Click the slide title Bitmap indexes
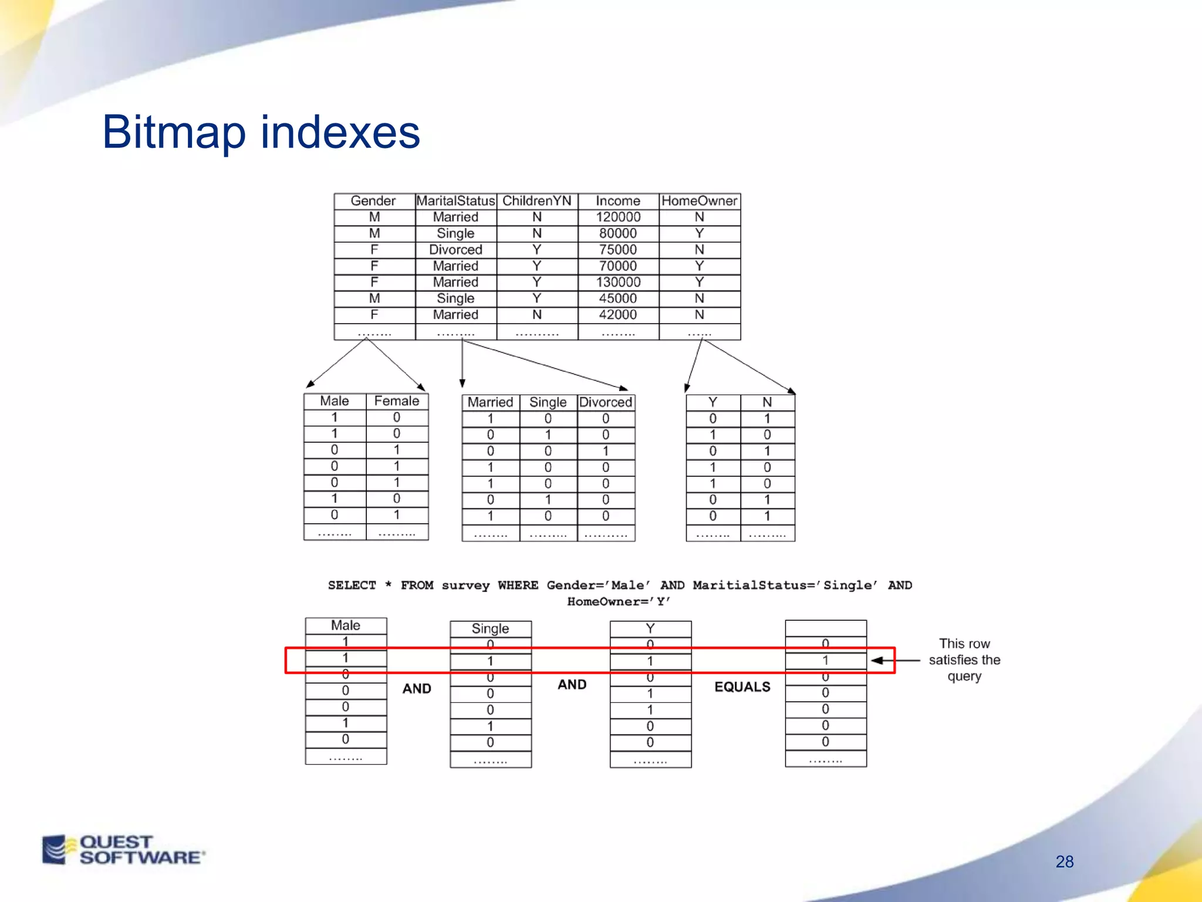(261, 133)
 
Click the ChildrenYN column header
(536, 201)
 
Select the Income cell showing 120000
(618, 217)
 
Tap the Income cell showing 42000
(618, 315)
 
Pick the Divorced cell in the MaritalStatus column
(455, 250)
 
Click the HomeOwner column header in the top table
(699, 201)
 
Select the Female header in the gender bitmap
(397, 401)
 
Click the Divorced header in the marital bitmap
(606, 402)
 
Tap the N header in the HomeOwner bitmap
(767, 402)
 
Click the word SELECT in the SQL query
(352, 585)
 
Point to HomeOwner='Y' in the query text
(619, 602)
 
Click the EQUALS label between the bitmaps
(742, 687)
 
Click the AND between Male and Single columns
(417, 688)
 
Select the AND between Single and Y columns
(572, 685)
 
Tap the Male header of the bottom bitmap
(345, 625)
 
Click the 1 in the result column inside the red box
(825, 660)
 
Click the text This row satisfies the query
(964, 660)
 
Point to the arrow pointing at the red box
(896, 661)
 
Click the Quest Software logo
(123, 850)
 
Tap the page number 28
(1064, 861)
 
